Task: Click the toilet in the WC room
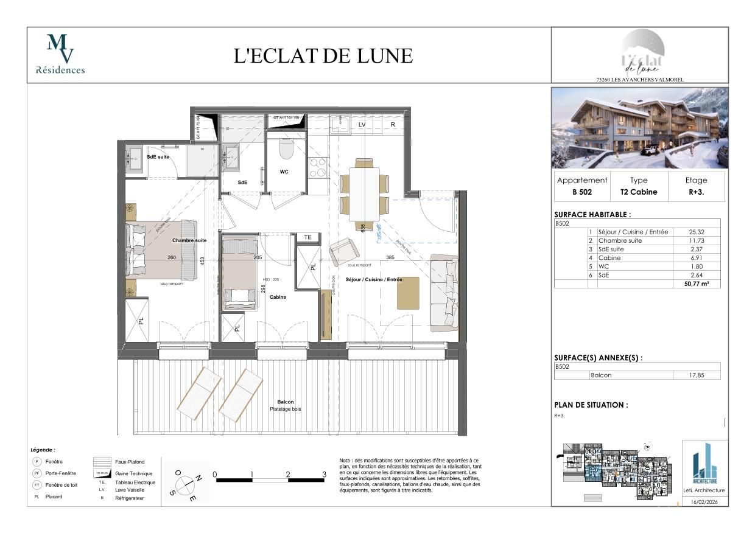pos(286,148)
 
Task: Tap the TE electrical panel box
pos(307,237)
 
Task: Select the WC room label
pos(284,172)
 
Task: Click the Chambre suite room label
pos(189,240)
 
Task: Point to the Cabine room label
pos(278,297)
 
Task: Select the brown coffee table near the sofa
pos(408,293)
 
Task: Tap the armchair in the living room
pos(343,251)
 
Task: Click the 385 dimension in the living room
pos(390,257)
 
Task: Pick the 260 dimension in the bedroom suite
pos(172,257)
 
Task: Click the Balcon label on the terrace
pos(285,402)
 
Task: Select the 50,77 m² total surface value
pos(698,284)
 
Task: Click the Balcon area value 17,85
pos(697,375)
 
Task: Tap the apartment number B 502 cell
pos(582,192)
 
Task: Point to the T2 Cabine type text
pos(639,192)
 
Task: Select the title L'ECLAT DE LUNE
pos(323,56)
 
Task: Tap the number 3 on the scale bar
pos(324,474)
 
